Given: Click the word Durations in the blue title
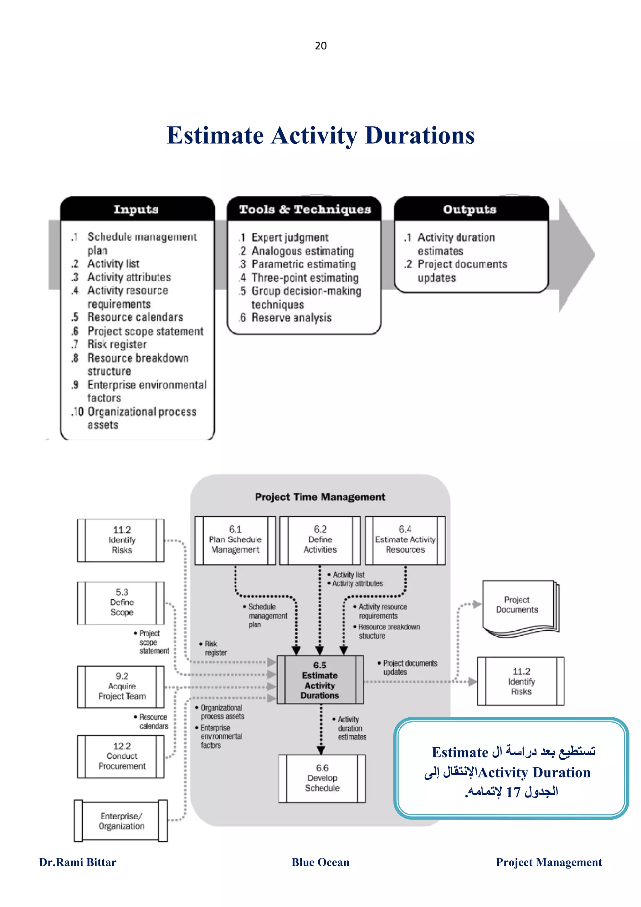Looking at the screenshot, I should tap(419, 136).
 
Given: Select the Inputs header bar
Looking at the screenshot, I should tap(136, 209).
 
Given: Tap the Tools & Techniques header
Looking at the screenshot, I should tap(305, 209).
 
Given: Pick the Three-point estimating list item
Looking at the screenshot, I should tap(305, 278).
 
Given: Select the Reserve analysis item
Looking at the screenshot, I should tap(291, 318).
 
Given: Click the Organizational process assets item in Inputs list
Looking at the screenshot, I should tap(141, 418).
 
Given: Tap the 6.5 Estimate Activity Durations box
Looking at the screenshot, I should tap(320, 680).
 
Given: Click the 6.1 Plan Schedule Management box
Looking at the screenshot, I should tap(235, 540).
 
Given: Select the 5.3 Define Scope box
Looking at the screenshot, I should tap(121, 602).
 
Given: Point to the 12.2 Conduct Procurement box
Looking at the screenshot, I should tap(121, 756).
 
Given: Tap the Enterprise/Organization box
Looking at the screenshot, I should tap(121, 821).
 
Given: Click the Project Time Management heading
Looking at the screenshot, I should tap(320, 497).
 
